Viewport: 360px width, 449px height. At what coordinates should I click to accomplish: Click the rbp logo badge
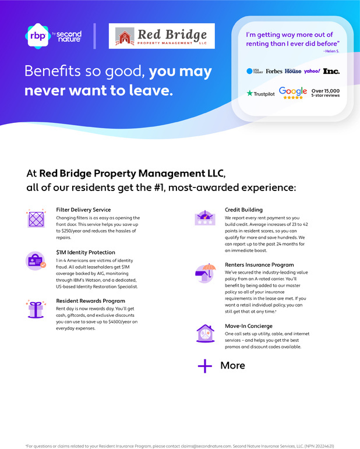pos(37,36)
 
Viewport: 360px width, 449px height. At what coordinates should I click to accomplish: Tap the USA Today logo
pos(255,71)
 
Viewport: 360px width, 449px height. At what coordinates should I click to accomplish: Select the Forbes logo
pos(274,71)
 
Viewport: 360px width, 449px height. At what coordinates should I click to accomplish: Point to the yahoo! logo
pos(312,71)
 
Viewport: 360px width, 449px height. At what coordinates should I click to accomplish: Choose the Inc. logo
pos(331,71)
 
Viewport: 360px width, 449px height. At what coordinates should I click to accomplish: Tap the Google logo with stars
pos(293,93)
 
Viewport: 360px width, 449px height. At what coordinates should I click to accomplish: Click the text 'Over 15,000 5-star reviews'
pos(326,93)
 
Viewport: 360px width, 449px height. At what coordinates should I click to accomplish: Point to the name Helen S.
pos(331,51)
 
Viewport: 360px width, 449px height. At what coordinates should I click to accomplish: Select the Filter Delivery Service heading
pos(83,210)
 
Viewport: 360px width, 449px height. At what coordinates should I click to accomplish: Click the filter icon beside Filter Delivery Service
pos(36,219)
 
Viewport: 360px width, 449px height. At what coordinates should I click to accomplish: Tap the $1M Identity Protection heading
pos(86,253)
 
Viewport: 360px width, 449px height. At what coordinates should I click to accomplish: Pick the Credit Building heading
pos(243,210)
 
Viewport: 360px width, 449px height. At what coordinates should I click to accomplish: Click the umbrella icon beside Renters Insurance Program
pos(204,272)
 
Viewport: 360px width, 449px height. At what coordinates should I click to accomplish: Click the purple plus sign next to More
pos(204,366)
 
